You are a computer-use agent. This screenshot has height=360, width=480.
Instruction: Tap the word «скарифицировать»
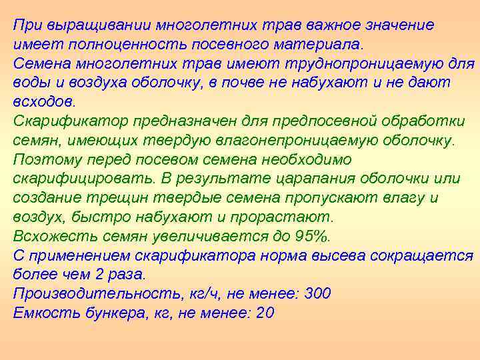[x=82, y=179]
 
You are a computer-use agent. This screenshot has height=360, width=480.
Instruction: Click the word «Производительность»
[x=90, y=294]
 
